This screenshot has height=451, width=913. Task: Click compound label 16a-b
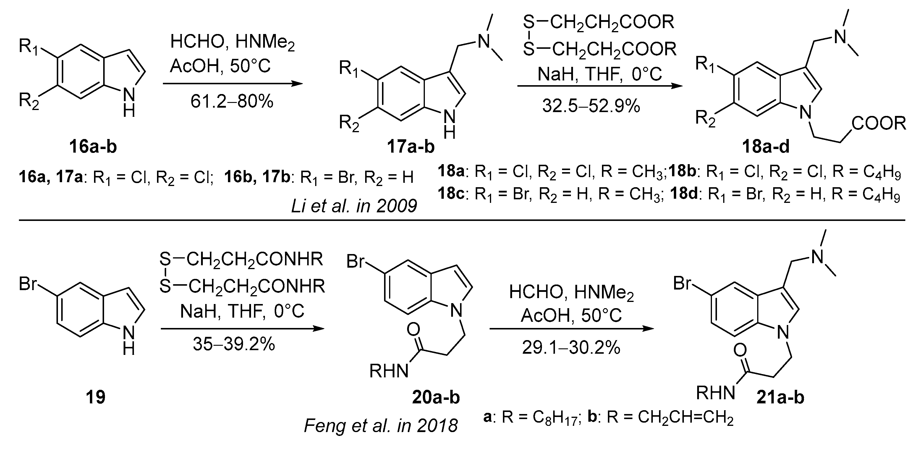(x=93, y=146)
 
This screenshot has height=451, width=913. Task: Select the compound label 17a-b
(x=411, y=146)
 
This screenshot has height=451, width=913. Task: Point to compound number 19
(x=96, y=397)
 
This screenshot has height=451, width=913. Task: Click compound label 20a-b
(x=436, y=397)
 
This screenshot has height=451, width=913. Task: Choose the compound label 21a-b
(x=780, y=397)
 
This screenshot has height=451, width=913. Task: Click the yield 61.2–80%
(x=232, y=102)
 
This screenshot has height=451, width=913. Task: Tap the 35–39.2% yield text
(x=234, y=344)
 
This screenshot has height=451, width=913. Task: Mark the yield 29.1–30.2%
(x=571, y=347)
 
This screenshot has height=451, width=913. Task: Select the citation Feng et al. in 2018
(x=381, y=426)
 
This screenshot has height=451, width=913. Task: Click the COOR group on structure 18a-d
(x=878, y=124)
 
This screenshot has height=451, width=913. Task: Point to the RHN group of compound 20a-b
(x=389, y=371)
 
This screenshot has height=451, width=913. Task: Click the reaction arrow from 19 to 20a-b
(x=242, y=329)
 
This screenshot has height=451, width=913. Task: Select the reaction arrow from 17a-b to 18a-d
(x=599, y=86)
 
